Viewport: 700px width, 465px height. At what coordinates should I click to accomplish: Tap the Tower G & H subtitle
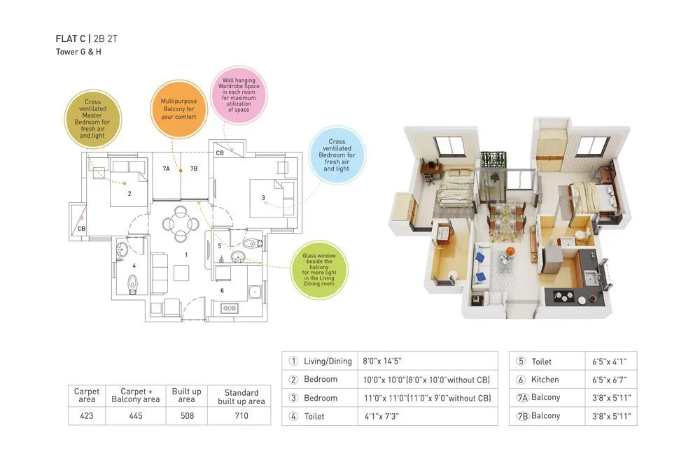click(78, 52)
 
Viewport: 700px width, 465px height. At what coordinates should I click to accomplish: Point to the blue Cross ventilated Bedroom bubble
click(337, 155)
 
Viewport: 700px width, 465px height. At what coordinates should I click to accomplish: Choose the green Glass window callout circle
click(318, 270)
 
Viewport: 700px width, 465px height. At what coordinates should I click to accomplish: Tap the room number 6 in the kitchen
click(222, 290)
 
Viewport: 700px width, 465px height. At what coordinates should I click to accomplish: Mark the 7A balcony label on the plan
click(166, 169)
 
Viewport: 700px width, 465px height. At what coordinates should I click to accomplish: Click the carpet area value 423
click(86, 415)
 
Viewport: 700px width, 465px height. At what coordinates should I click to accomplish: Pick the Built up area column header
click(186, 395)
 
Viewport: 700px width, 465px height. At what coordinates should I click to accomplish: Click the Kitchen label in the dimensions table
click(545, 380)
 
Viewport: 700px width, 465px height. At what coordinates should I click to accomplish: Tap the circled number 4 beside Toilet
click(294, 416)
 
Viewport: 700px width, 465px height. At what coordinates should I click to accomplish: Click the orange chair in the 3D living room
click(509, 251)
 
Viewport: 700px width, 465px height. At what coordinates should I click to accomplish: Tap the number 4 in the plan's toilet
click(134, 265)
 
